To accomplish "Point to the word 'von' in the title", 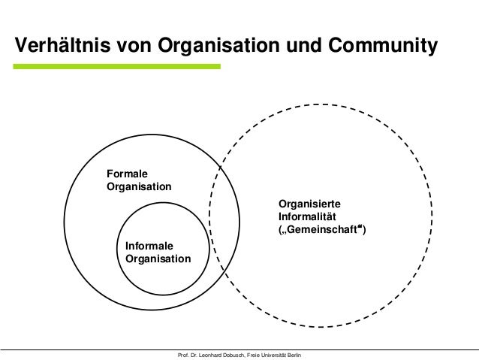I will pyautogui.click(x=134, y=45).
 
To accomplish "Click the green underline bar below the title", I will pyautogui.click(x=117, y=67).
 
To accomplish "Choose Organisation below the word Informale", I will pyautogui.click(x=158, y=259).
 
